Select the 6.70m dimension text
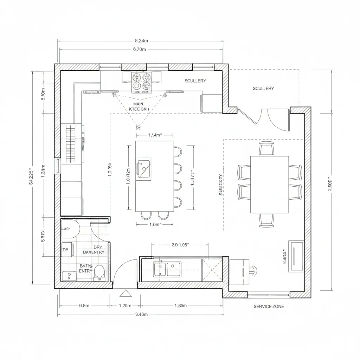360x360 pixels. pos(140,50)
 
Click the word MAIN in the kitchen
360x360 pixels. pos(139,104)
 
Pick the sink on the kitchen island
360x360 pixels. pos(143,168)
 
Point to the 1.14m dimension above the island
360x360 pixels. pos(154,135)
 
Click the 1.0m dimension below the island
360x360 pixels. pos(155,224)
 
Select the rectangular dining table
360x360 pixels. pos(269,185)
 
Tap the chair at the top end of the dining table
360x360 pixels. pos(266,148)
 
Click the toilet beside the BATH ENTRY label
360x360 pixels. pos(99,271)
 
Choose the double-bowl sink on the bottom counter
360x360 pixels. pos(167,269)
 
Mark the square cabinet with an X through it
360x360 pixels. pos(212,270)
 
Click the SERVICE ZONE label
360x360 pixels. pos(269,307)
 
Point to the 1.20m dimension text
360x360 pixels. pos(125,306)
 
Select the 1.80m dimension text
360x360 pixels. pos(180,306)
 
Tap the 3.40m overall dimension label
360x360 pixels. pos(141,314)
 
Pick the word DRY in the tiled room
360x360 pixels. pos(98,247)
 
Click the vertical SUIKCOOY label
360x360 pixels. pos(220,184)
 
